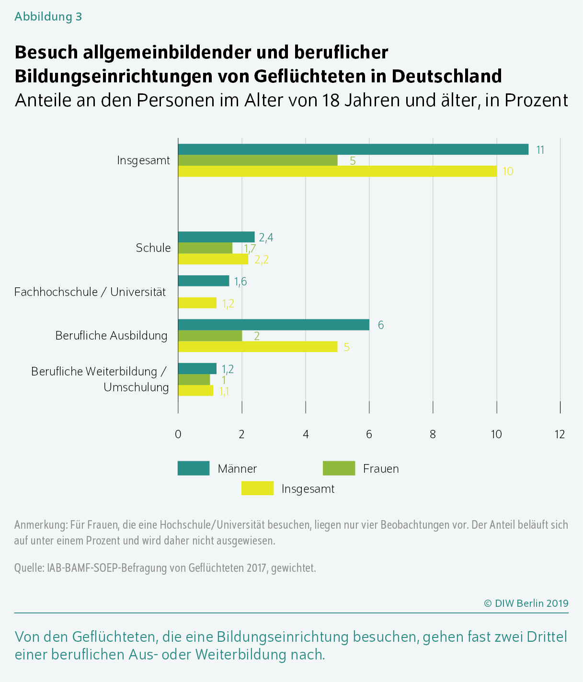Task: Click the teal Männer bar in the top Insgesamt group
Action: click(x=353, y=149)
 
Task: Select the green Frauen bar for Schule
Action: click(x=206, y=248)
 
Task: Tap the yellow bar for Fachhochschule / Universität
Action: click(x=197, y=303)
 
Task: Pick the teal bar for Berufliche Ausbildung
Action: click(x=274, y=325)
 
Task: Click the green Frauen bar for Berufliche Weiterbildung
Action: click(x=194, y=379)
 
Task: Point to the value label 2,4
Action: click(x=266, y=238)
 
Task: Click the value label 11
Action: click(x=540, y=150)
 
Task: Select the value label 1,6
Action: click(x=240, y=282)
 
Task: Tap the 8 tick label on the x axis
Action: click(x=433, y=434)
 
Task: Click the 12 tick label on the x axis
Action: click(x=560, y=434)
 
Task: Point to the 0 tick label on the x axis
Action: click(x=178, y=434)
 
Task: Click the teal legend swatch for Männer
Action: click(x=194, y=468)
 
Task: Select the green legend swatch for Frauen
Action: click(x=339, y=468)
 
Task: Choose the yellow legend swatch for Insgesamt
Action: click(x=258, y=489)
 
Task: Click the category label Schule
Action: click(x=153, y=248)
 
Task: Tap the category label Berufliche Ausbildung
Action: click(x=111, y=336)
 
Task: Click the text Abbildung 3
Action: click(x=48, y=16)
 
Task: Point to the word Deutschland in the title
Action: click(x=446, y=76)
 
